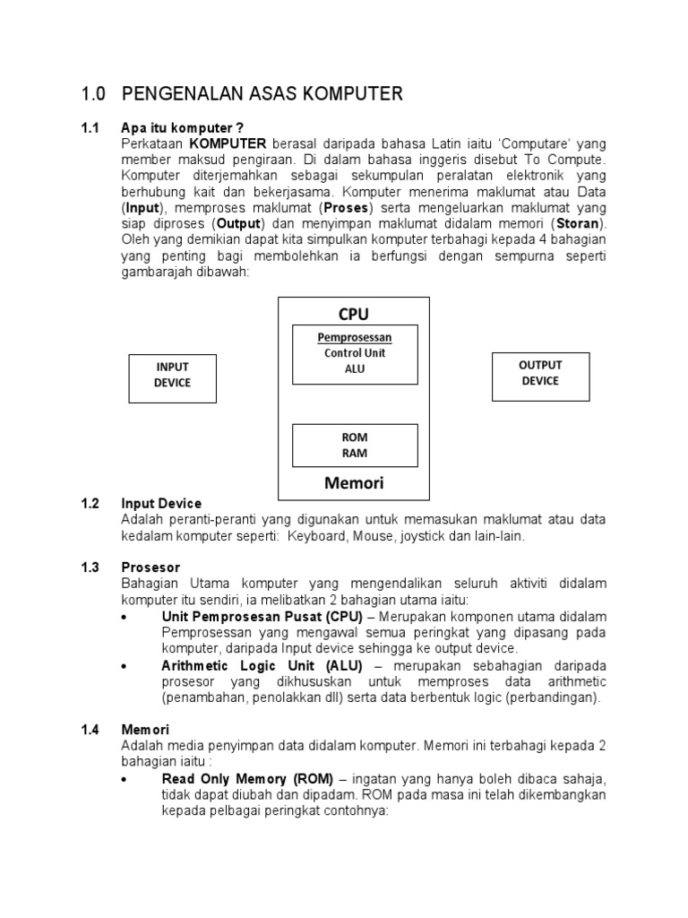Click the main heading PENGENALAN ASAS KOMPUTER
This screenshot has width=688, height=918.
pos(262,93)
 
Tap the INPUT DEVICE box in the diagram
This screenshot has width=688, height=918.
pos(173,376)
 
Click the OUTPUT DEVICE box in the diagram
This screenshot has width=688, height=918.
pos(540,373)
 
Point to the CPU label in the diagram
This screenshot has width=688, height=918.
pos(354,314)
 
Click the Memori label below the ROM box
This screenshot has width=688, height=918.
pos(354,483)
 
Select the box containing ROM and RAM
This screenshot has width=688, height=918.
pos(355,445)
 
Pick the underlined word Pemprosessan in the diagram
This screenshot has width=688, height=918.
pos(355,338)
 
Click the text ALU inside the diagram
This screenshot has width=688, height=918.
pos(355,368)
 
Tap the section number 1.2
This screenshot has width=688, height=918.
pos(90,504)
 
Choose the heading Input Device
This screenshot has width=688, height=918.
pos(161,504)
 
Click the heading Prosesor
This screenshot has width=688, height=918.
pos(150,567)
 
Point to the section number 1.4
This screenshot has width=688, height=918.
pos(90,730)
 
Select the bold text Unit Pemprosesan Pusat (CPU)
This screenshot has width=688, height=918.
pos(262,617)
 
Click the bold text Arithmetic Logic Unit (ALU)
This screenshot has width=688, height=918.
pos(262,665)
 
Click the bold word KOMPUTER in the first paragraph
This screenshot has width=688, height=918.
pos(228,143)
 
